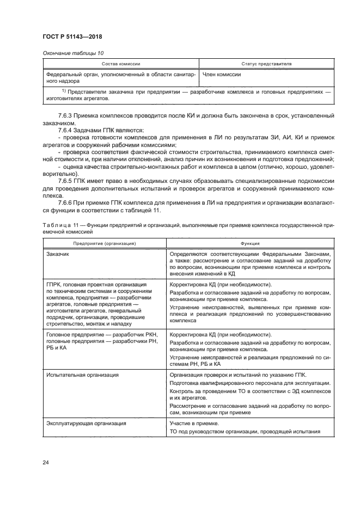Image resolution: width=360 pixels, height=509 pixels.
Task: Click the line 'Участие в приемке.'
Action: pos(194,423)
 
